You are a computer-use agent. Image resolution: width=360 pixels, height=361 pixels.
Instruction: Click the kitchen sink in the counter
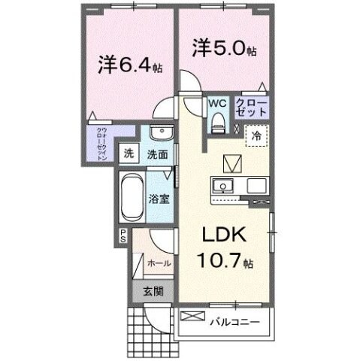(222, 187)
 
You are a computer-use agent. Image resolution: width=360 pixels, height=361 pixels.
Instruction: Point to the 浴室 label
(159, 200)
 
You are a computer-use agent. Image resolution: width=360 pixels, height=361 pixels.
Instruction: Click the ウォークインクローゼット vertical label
(101, 144)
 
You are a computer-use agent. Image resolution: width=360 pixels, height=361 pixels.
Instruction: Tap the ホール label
(159, 263)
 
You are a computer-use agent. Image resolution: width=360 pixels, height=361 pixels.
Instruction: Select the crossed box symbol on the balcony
(192, 316)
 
